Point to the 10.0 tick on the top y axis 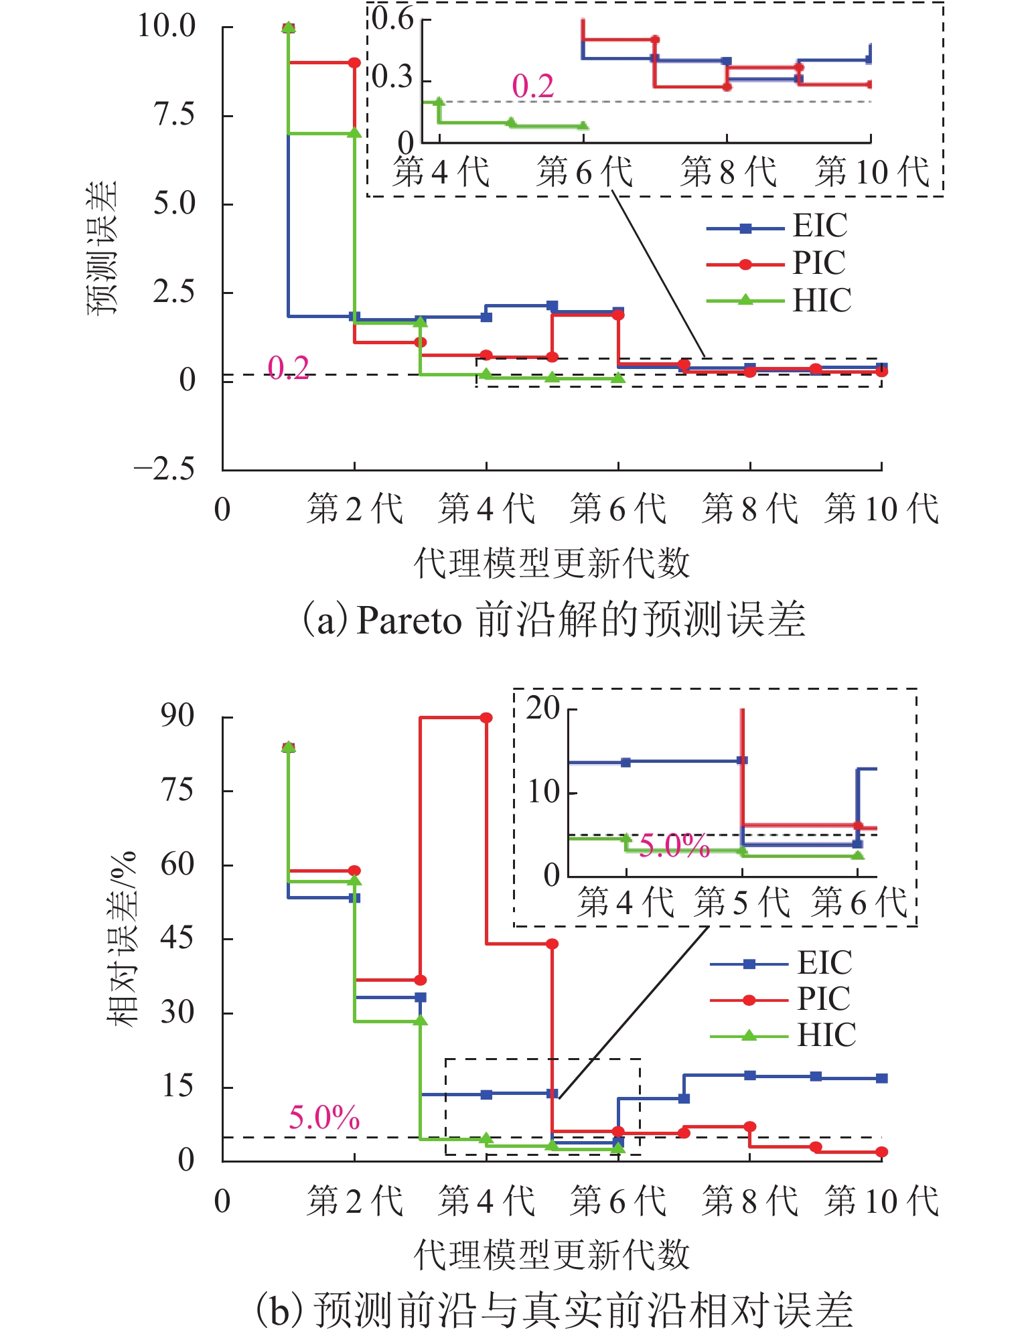[167, 27]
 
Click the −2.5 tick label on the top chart [164, 469]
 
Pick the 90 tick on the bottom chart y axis [177, 717]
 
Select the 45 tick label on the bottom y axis [177, 939]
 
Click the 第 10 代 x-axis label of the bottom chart [881, 1201]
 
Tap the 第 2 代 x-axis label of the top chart [354, 509]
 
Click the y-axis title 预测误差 [102, 248]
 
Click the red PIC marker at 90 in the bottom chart [486, 718]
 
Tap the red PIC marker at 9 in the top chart [354, 63]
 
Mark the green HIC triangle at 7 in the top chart [354, 133]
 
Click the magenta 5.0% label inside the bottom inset [674, 846]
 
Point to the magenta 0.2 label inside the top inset [533, 86]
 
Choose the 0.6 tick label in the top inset [394, 19]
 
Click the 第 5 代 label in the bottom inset [742, 902]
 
